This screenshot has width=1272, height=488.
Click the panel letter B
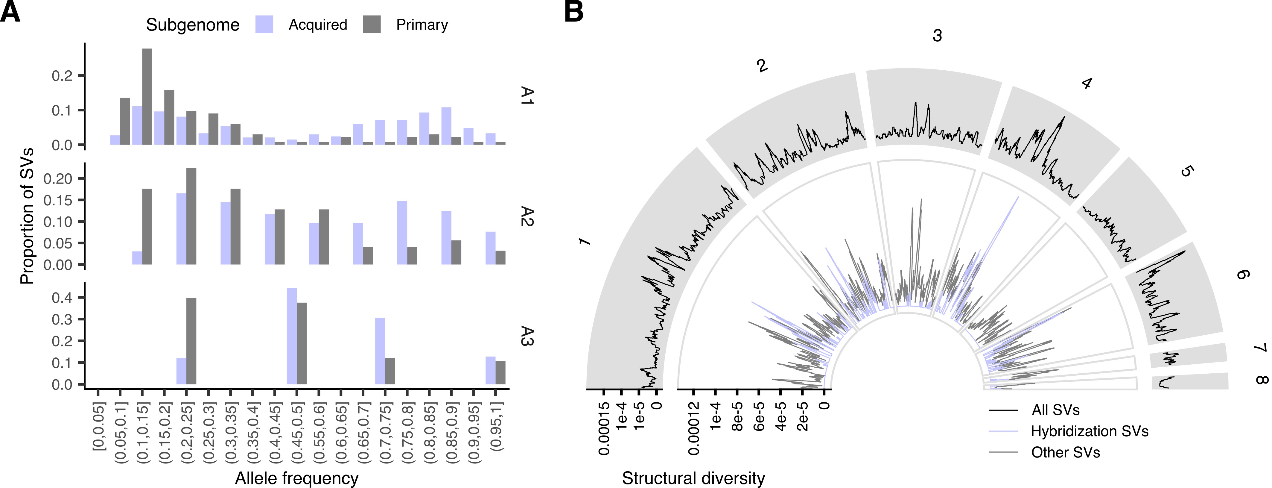574,12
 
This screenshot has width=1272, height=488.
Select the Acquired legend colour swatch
264,25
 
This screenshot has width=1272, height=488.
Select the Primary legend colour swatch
372,25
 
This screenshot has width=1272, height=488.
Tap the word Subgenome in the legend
193,25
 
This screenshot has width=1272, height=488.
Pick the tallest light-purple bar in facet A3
292,336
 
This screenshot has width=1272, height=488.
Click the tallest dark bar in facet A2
191,216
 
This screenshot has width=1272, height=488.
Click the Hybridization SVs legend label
1089,431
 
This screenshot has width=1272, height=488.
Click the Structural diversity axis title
693,478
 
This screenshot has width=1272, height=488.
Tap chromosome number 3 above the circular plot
937,36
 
